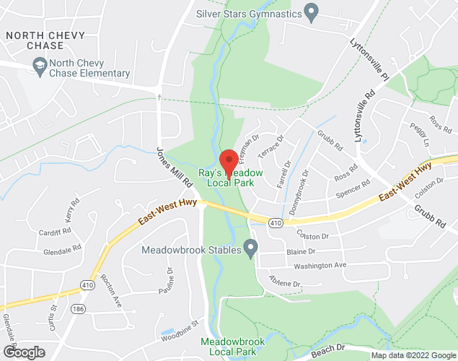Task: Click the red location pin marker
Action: coord(229,162)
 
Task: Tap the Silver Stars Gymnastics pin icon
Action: coord(312,12)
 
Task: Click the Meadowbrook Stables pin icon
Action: coord(250,250)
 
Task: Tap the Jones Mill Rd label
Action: coord(169,168)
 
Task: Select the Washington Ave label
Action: coord(320,266)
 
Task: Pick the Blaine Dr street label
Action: coord(301,252)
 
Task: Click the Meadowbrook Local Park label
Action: coord(228,346)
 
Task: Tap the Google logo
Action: coord(23,352)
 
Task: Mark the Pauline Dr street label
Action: coord(166,282)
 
